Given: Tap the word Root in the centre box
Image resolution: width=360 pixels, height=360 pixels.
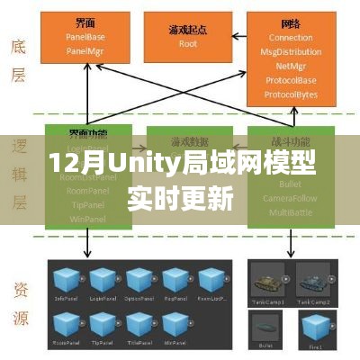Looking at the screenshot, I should pos(187,43).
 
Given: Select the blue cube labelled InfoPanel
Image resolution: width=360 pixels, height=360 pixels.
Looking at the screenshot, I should pos(65,280).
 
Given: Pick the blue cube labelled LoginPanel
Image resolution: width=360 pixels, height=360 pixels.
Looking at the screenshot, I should pos(100,280).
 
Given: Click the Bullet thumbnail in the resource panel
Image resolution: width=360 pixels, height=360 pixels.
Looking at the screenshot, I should pos(268,324).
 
